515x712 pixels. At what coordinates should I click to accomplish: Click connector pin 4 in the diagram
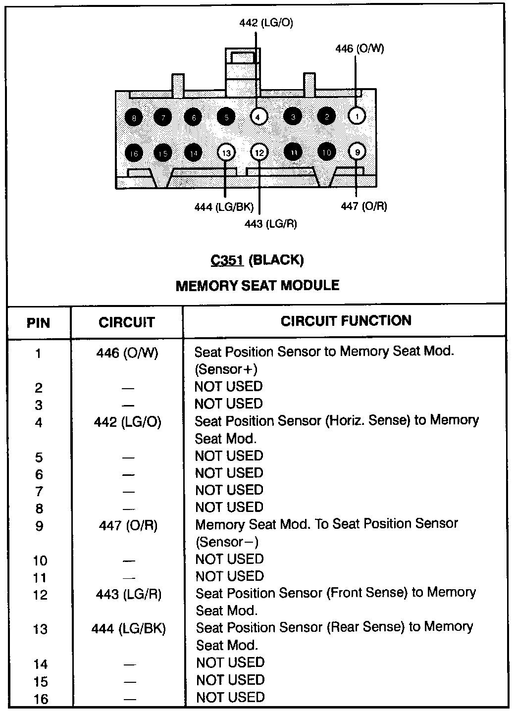[x=258, y=117]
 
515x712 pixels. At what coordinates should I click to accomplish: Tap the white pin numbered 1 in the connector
[x=357, y=116]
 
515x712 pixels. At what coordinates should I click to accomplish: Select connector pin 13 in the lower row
[x=226, y=153]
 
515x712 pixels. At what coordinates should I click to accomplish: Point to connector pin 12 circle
[x=259, y=153]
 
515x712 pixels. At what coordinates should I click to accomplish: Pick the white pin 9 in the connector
[x=357, y=152]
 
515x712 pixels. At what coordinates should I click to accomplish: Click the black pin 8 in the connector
[x=134, y=117]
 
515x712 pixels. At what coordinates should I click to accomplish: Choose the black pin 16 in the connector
[x=134, y=153]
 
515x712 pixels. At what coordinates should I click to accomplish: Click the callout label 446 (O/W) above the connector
[x=360, y=49]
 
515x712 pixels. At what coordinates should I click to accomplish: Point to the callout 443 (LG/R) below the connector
[x=271, y=224]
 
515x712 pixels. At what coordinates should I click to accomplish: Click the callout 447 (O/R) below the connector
[x=364, y=206]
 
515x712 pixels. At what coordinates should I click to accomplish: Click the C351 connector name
[x=227, y=260]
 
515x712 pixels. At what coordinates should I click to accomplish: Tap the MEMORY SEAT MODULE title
[x=257, y=286]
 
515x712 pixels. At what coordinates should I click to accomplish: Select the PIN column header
[x=38, y=323]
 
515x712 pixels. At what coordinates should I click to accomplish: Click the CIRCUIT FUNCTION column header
[x=346, y=321]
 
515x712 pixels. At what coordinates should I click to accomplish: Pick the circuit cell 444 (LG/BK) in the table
[x=129, y=629]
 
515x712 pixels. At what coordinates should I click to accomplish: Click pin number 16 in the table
[x=41, y=699]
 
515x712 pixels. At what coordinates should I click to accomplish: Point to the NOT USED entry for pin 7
[x=229, y=490]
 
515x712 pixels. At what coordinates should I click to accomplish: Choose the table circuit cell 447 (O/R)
[x=128, y=525]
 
